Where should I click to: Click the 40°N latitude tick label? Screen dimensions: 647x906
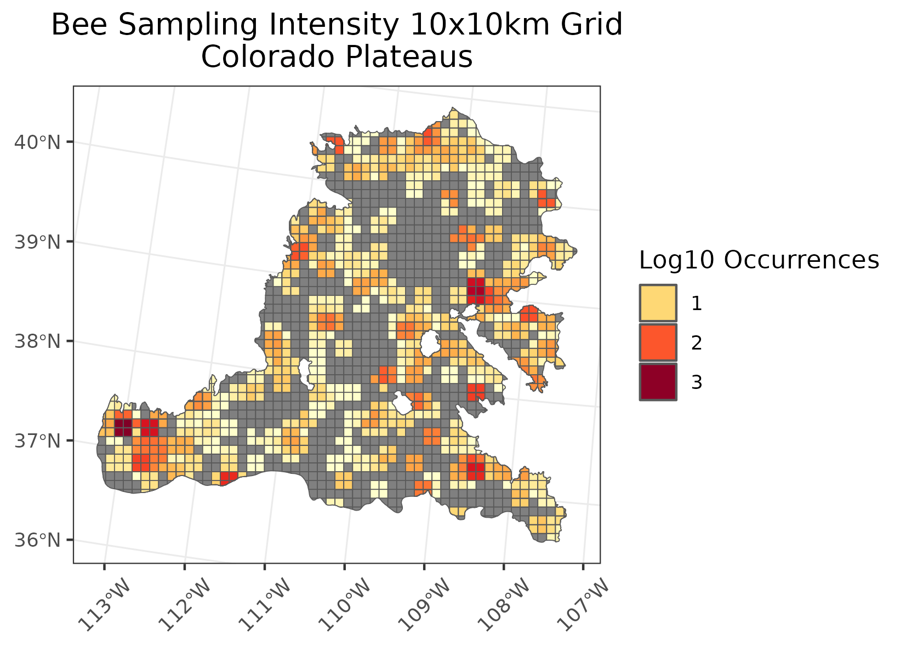[x=37, y=143]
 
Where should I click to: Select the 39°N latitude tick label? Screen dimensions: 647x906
[x=37, y=242]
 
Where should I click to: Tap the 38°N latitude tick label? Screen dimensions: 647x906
[x=37, y=342]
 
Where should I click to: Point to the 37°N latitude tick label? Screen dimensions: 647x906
[x=37, y=441]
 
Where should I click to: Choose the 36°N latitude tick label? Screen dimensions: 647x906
[x=37, y=541]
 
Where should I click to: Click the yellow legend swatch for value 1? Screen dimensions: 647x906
[x=658, y=303]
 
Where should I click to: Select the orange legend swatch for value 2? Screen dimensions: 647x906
[x=658, y=343]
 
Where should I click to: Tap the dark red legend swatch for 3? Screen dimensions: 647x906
[x=658, y=382]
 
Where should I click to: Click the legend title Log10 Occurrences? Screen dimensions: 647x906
[x=759, y=260]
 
